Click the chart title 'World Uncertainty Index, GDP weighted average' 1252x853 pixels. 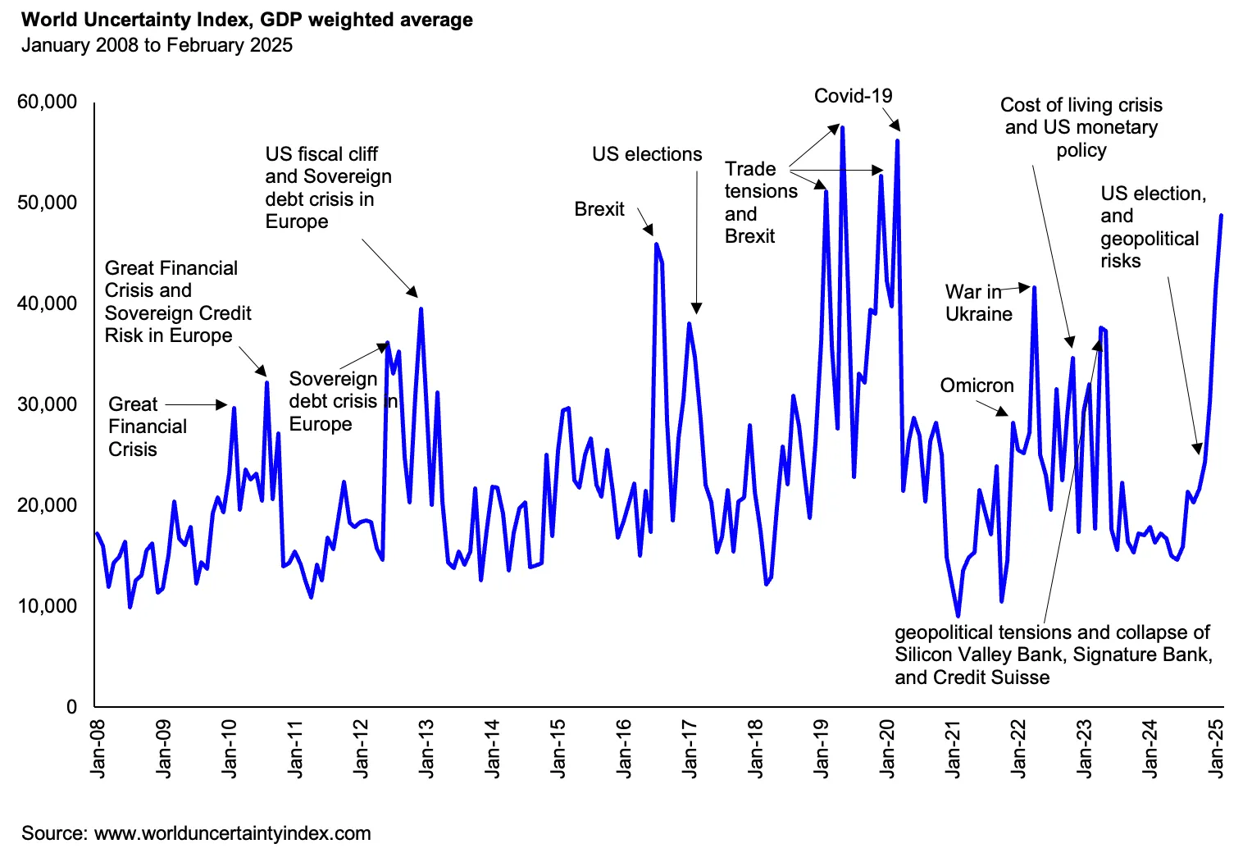pyautogui.click(x=247, y=20)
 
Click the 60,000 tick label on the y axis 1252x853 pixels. pyautogui.click(x=48, y=102)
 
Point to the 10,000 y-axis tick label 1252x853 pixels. pyautogui.click(x=48, y=606)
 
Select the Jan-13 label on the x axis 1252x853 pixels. pyautogui.click(x=426, y=748)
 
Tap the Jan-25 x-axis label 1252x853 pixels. pyautogui.click(x=1216, y=748)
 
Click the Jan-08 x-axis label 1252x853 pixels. pyautogui.click(x=98, y=748)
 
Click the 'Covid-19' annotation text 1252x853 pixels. pyautogui.click(x=853, y=96)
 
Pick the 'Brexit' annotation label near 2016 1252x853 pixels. pyautogui.click(x=599, y=209)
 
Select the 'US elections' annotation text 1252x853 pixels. pyautogui.click(x=647, y=154)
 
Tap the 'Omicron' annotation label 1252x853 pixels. pyautogui.click(x=977, y=385)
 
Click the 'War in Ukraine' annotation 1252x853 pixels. pyautogui.click(x=978, y=303)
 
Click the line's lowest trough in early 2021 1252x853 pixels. pyautogui.click(x=958, y=616)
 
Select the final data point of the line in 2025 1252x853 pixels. pyautogui.click(x=1222, y=216)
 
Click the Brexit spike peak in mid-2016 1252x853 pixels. pyautogui.click(x=656, y=244)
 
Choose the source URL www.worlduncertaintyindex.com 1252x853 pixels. pyautogui.click(x=233, y=833)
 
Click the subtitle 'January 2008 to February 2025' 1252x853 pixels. pyautogui.click(x=157, y=45)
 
